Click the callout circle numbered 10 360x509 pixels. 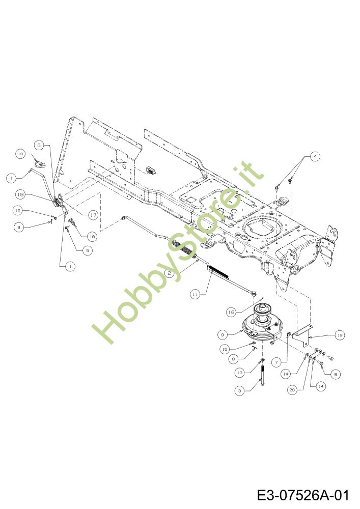pyautogui.click(x=20, y=153)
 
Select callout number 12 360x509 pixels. pyautogui.click(x=17, y=210)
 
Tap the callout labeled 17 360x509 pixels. pyautogui.click(x=93, y=215)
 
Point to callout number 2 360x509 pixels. pyautogui.click(x=171, y=273)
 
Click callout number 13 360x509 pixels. pyautogui.click(x=240, y=373)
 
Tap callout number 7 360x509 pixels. pyautogui.click(x=276, y=362)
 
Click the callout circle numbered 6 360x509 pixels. pyautogui.click(x=335, y=374)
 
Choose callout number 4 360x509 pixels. pyautogui.click(x=315, y=157)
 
